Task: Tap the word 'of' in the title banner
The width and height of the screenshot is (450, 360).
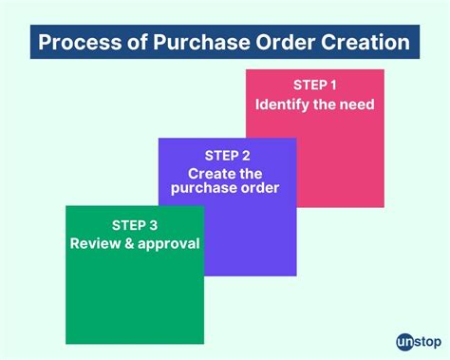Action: (x=132, y=44)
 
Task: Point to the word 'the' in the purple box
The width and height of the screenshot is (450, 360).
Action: (x=252, y=173)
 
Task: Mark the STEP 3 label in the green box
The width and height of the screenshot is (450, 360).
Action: (x=135, y=226)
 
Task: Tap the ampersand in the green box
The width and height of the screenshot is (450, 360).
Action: (x=126, y=243)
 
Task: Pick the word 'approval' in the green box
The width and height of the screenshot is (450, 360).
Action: (x=167, y=244)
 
